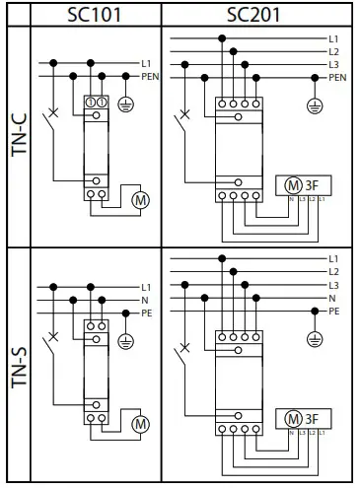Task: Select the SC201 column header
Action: pos(254,14)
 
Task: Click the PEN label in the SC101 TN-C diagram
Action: pos(151,75)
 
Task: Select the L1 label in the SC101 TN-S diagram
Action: pos(146,285)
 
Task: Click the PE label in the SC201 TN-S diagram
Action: pos(333,310)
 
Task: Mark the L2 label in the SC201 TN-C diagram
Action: pos(333,50)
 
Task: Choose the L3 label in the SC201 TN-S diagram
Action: pos(333,284)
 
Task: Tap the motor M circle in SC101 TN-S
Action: pos(139,424)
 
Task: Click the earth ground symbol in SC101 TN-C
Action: pos(124,103)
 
